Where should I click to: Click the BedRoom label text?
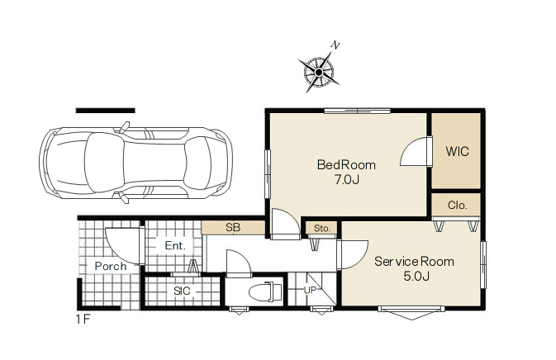[x=346, y=165]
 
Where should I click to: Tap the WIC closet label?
[x=457, y=152]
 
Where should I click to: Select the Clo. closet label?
[x=458, y=205]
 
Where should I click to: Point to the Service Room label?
[x=414, y=262]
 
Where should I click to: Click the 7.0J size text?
[x=346, y=180]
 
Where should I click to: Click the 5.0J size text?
[x=416, y=276]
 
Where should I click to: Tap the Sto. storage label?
[x=322, y=229]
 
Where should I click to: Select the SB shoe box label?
[x=233, y=228]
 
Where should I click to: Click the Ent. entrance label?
[x=175, y=245]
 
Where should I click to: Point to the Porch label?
[x=111, y=266]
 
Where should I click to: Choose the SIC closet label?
[x=182, y=291]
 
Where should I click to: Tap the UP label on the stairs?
[x=310, y=290]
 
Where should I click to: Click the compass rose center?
[x=318, y=73]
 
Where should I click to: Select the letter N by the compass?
[x=335, y=45]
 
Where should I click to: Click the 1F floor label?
[x=83, y=320]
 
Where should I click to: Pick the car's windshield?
[x=199, y=163]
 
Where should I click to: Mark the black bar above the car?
[x=105, y=111]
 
